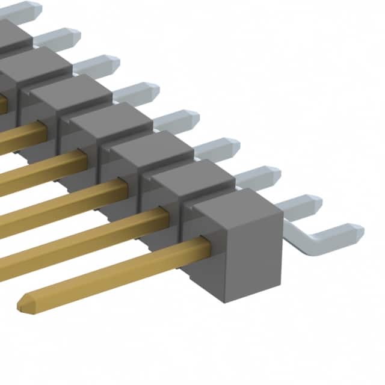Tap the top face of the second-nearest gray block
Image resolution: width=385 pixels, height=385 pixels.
(x=192, y=178)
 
